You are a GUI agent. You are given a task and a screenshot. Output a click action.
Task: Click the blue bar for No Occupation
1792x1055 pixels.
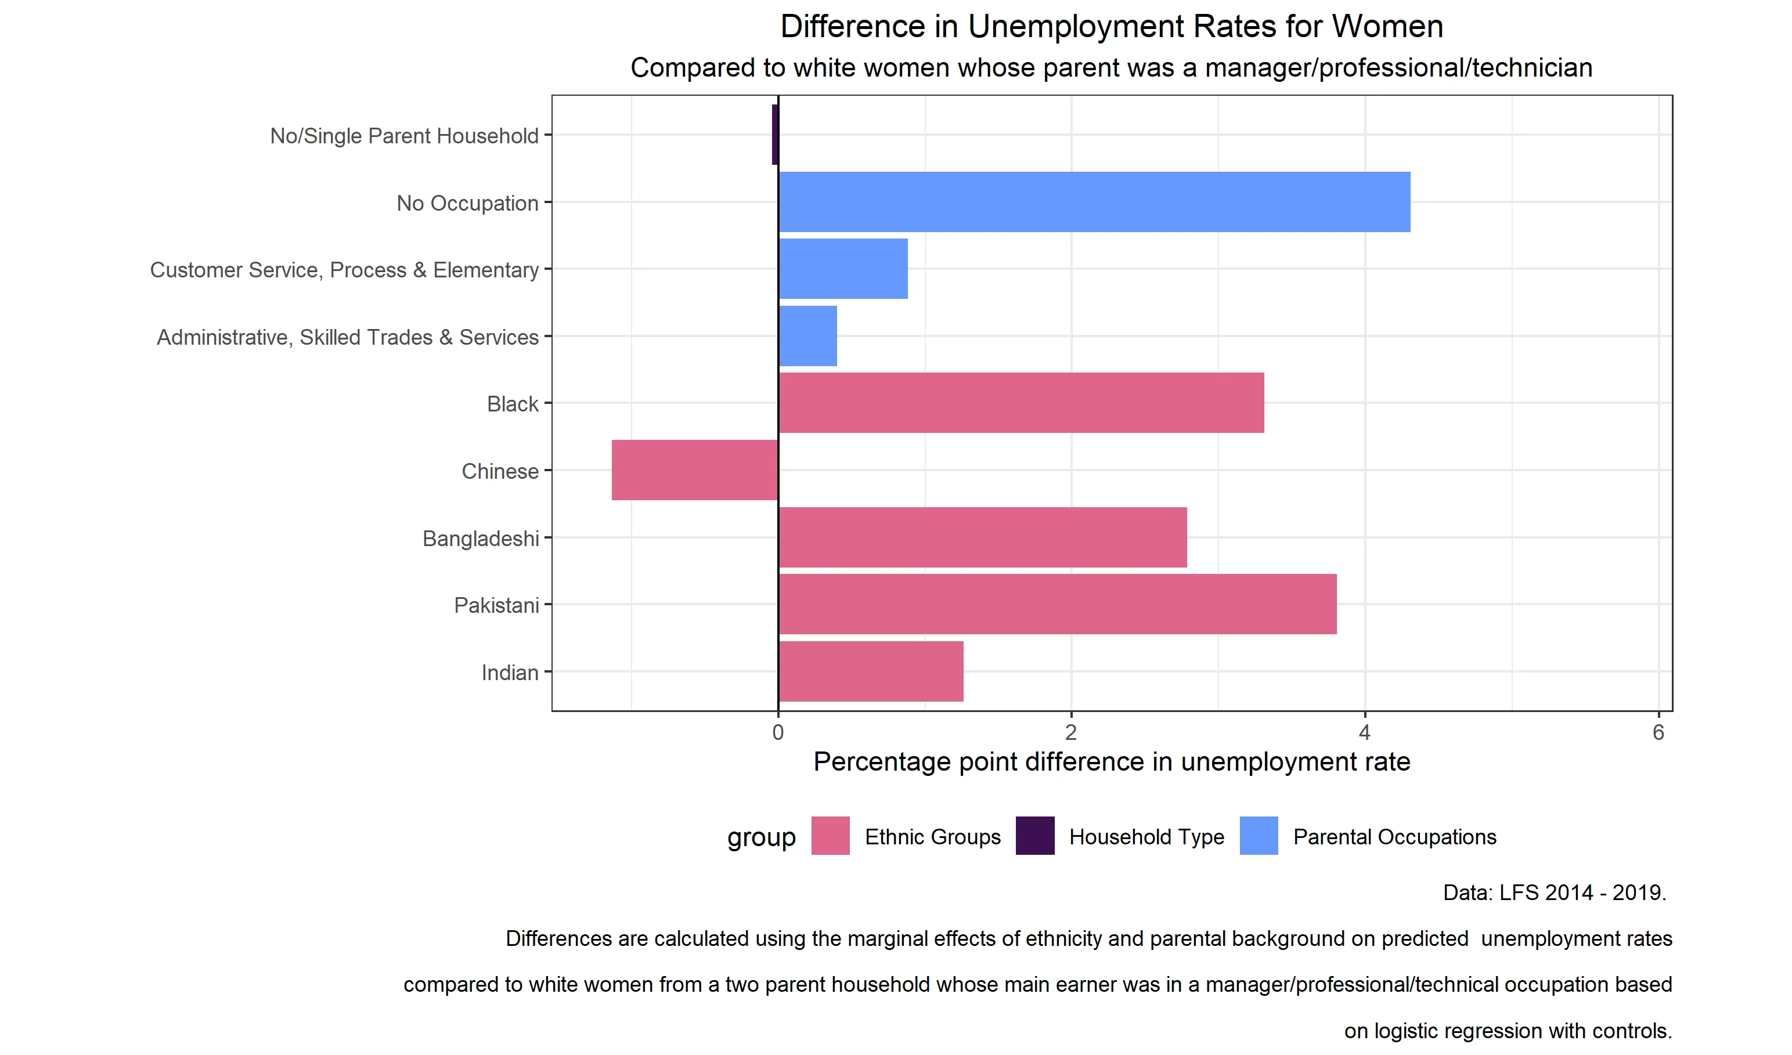(x=1094, y=202)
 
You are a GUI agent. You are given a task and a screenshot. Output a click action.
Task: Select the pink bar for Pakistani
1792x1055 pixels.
(x=1058, y=604)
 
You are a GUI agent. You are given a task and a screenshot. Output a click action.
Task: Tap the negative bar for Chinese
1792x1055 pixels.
(x=695, y=470)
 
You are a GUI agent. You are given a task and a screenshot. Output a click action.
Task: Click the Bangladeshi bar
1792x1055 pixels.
(x=983, y=537)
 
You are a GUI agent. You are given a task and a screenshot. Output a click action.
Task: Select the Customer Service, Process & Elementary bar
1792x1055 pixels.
(x=843, y=269)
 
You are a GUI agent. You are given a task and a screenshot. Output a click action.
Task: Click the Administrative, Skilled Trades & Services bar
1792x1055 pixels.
(x=808, y=336)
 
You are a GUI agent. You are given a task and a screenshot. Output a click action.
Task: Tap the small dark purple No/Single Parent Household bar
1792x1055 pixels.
(x=775, y=135)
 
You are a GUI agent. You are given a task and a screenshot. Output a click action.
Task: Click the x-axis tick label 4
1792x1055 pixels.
(x=1364, y=733)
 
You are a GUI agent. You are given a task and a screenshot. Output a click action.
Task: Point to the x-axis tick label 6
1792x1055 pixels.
(x=1658, y=733)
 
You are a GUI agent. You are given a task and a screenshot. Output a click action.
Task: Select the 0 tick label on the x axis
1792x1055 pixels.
(x=778, y=733)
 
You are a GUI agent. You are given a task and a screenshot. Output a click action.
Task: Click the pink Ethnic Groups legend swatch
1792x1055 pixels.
(x=831, y=836)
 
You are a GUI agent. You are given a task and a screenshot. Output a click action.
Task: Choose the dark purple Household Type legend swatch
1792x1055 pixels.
(x=1034, y=836)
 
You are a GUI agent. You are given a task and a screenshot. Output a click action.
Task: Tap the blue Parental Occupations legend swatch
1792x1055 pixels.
(x=1259, y=836)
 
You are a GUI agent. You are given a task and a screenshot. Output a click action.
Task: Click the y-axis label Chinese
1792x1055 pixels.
(x=500, y=471)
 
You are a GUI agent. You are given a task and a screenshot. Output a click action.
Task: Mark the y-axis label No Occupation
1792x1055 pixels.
(x=467, y=203)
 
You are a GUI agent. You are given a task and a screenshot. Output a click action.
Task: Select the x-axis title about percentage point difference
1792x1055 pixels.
(x=1112, y=762)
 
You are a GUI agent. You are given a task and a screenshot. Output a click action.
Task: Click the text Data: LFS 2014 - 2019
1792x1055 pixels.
(x=1555, y=893)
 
